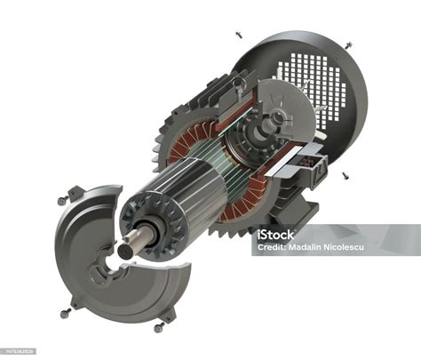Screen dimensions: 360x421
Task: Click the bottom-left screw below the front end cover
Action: point(65,313)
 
